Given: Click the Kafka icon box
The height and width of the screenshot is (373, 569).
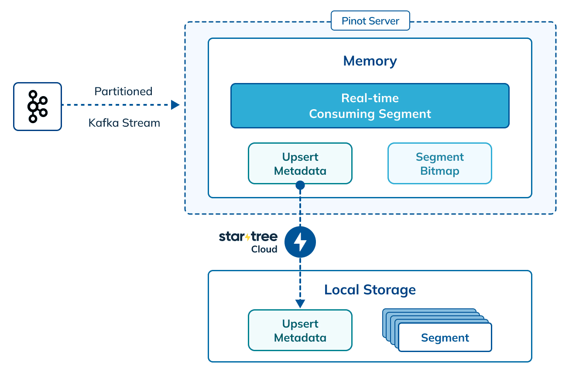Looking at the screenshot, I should [x=38, y=107].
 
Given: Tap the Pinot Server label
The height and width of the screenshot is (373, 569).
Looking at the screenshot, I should [x=370, y=21].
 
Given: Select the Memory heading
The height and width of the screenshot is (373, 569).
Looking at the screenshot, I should [x=370, y=61].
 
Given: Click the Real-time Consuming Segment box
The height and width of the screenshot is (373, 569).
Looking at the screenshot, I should [x=370, y=106].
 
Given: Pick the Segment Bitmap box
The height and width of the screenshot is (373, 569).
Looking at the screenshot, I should [x=439, y=163].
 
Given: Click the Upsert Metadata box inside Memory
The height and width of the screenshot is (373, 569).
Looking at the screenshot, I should [x=300, y=163].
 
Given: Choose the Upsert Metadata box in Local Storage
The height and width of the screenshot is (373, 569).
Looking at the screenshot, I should [x=300, y=330].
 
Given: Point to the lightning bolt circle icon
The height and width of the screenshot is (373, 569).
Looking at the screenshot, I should [x=300, y=242].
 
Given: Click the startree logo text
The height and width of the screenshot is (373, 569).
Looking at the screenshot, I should [x=248, y=237].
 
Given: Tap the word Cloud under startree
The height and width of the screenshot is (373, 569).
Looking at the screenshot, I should [x=264, y=249].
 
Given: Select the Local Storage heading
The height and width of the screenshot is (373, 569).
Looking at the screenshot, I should [x=370, y=290].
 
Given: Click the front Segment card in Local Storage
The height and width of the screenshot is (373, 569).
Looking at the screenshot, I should [x=445, y=338].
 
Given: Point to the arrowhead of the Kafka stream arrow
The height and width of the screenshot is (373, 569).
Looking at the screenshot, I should [x=175, y=105].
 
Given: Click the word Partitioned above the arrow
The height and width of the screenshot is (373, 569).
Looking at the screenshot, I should [x=123, y=91].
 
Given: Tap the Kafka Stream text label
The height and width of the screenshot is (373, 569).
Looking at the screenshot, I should [x=124, y=123].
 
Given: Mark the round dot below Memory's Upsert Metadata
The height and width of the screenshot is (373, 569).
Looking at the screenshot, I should [x=300, y=185].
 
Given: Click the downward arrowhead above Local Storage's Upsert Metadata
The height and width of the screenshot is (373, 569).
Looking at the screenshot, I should [x=300, y=304].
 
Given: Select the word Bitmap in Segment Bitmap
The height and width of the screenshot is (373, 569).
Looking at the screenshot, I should [x=439, y=171].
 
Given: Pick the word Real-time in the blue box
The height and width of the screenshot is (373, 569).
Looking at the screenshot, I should [x=370, y=98].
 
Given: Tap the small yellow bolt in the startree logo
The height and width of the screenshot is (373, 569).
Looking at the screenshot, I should [x=248, y=237].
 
